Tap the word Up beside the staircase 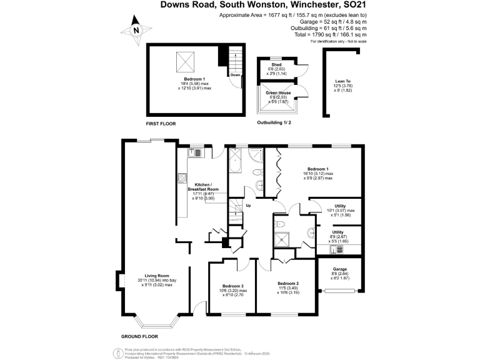point(248,205)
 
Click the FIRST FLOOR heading point(161,124)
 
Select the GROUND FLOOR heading point(138,336)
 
